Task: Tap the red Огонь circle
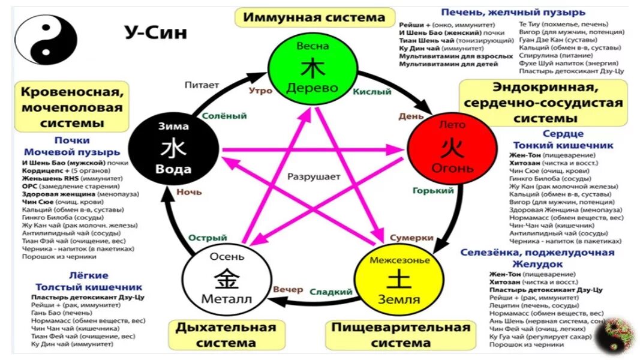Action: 452,147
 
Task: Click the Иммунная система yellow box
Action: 314,17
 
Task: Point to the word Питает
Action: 202,85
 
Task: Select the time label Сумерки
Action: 411,238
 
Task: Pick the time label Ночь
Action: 189,193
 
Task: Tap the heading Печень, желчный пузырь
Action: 513,12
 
